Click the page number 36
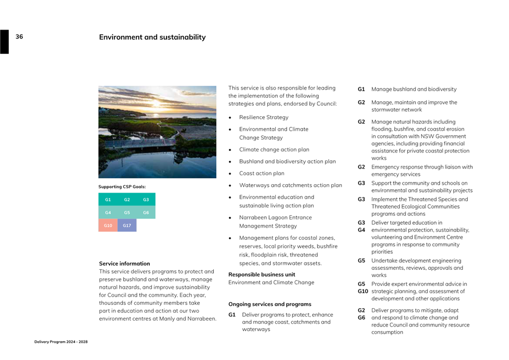point(19,37)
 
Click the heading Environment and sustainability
point(152,37)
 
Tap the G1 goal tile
point(108,199)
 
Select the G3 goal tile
point(146,199)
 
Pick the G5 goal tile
point(127,213)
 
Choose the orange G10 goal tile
point(108,225)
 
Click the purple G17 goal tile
point(127,225)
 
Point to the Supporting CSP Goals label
point(122,186)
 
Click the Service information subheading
point(124,264)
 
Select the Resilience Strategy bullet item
point(263,117)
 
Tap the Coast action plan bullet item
point(261,173)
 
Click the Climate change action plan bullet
point(274,150)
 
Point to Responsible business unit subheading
point(262,274)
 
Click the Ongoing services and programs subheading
point(270,304)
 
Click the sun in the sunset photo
point(156,103)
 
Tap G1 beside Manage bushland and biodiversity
point(361,89)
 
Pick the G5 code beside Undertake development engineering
point(361,260)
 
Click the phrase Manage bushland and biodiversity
point(414,89)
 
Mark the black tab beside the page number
point(4,42)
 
